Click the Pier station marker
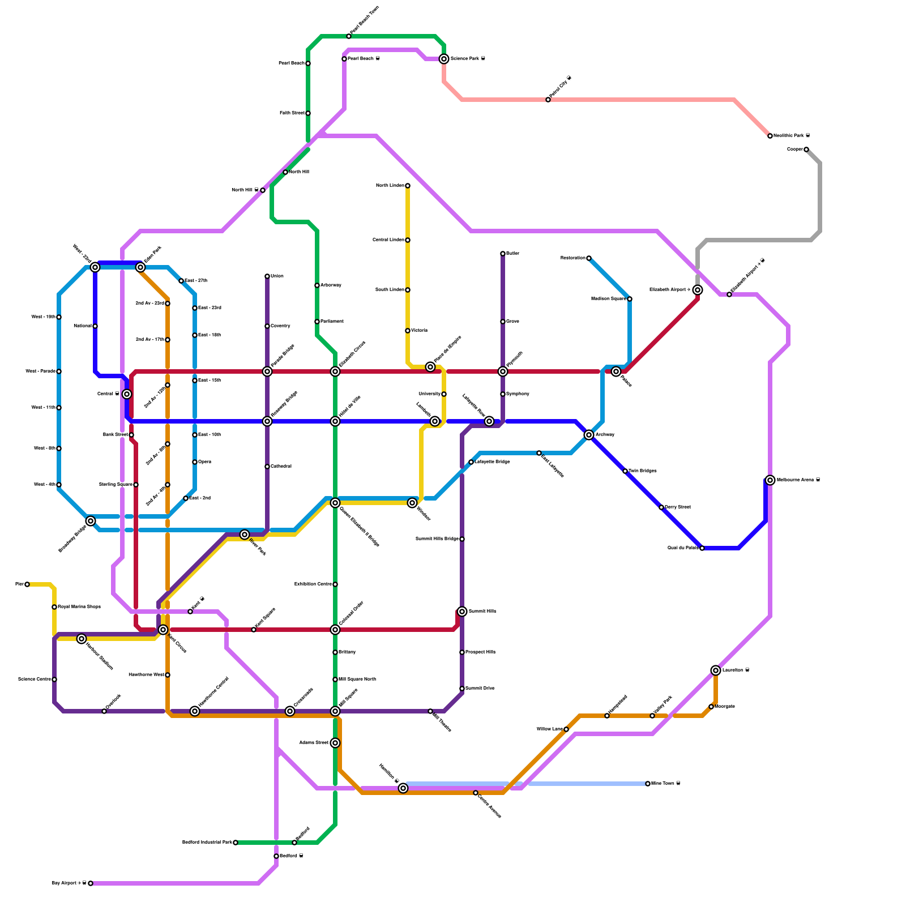coord(27,584)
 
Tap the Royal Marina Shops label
coord(79,607)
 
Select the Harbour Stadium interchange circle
coord(82,639)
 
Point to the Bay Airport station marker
coord(91,883)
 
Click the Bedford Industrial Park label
coord(207,843)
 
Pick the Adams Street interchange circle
coord(335,743)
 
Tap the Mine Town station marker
coord(648,784)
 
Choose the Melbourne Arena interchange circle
coord(770,480)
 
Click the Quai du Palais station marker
coord(702,548)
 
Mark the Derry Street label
coord(678,507)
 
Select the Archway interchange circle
coord(589,435)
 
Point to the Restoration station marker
coord(589,258)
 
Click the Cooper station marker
coord(806,149)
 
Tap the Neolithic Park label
coord(791,136)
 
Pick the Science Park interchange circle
coord(444,59)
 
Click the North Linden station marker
coord(408,186)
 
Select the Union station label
coord(277,276)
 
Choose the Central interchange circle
coord(127,394)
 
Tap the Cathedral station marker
coord(267,467)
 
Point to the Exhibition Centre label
coord(313,584)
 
